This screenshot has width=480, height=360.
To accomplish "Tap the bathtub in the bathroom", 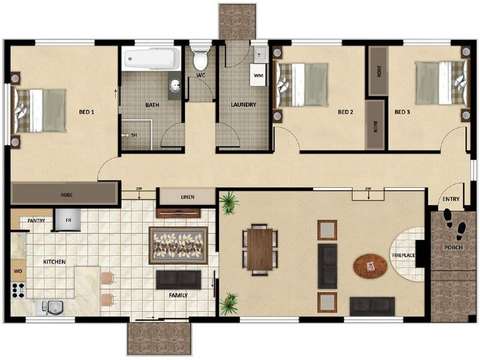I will (151, 59).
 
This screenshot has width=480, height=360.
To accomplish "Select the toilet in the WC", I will (200, 59).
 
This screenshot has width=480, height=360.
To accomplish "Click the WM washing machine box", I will (259, 76).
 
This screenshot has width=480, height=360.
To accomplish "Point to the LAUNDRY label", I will (244, 105).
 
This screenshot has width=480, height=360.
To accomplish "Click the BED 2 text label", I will (346, 112).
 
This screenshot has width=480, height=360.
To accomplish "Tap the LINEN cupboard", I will (187, 197).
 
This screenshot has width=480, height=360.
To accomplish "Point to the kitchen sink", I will (52, 307).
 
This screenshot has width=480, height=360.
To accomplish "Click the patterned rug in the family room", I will (178, 245).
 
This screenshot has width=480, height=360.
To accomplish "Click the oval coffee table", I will (370, 266).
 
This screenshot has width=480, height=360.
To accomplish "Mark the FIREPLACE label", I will (404, 256).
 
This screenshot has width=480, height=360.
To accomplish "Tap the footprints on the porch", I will (455, 229).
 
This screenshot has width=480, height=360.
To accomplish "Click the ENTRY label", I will (451, 199).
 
